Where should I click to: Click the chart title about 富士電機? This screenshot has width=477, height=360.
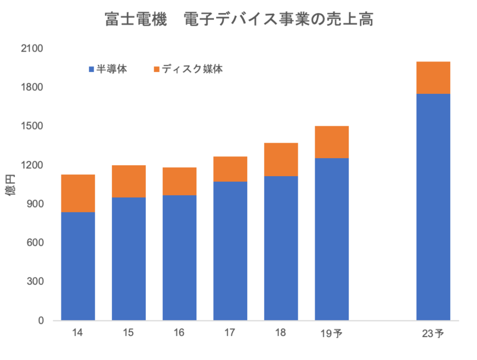[x=239, y=20]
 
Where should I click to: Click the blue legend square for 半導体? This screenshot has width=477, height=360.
[x=92, y=70]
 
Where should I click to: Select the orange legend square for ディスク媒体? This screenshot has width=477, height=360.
[x=157, y=70]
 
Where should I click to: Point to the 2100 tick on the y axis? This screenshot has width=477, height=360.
[x=32, y=49]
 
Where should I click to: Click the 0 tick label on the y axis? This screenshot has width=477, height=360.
[x=41, y=320]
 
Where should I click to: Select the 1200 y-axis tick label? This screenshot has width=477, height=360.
[x=32, y=165]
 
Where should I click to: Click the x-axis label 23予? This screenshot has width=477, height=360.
[x=433, y=334]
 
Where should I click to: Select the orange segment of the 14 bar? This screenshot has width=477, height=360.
[x=78, y=193]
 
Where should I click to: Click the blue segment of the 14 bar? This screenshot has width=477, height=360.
[x=78, y=266]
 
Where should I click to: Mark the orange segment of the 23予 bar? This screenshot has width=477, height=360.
[x=434, y=77]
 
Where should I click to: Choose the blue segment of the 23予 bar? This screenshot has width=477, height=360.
[x=434, y=207]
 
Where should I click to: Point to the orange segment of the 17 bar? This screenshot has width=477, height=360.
[x=231, y=169]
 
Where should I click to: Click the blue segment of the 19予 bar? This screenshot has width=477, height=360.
[x=332, y=239]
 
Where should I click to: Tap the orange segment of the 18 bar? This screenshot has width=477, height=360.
[x=281, y=159]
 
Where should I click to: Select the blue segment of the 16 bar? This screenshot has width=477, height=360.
[x=180, y=258]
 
